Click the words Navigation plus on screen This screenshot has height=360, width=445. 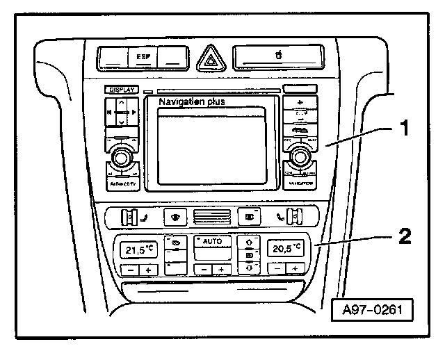point(193,102)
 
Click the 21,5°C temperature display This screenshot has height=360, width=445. point(139,249)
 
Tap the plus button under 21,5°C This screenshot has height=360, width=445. point(147,270)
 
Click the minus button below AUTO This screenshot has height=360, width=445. point(202,270)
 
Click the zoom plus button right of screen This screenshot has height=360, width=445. point(300,102)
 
